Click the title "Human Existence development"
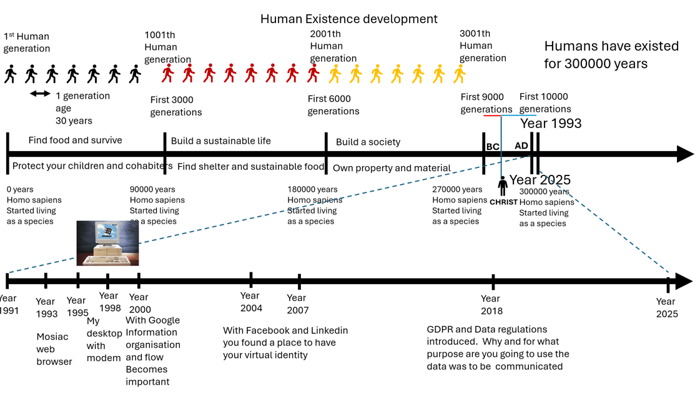point(348,19)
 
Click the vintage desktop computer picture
point(107,244)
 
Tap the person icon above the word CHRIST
point(503,186)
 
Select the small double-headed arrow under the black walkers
point(41,94)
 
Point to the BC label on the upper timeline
point(493,147)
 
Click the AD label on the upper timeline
point(521,146)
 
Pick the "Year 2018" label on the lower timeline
point(491,305)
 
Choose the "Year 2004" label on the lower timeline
point(251,302)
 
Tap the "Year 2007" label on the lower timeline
point(297,304)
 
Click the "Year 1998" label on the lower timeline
point(109,302)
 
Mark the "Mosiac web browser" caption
point(54,349)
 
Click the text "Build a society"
point(368,142)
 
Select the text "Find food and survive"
point(75,140)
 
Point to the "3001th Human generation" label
point(482,46)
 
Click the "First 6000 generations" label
point(333,105)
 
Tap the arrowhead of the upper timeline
point(685,154)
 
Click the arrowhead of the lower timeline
point(684,282)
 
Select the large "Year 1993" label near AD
point(551,123)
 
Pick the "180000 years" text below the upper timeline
point(312,189)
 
